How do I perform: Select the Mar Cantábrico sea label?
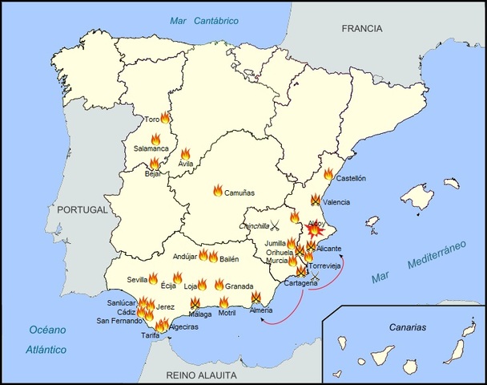[x=204, y=20]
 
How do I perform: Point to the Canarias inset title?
[x=404, y=327]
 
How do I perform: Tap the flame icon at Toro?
[x=165, y=117]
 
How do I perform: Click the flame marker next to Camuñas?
[x=218, y=190]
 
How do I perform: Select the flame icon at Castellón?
[x=328, y=173]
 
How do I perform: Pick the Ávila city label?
[x=186, y=164]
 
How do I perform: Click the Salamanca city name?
[x=151, y=148]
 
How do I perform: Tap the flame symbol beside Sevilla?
[x=153, y=278]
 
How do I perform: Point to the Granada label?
[x=239, y=286]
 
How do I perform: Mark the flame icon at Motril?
[x=223, y=302]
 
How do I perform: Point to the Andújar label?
[x=185, y=257]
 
